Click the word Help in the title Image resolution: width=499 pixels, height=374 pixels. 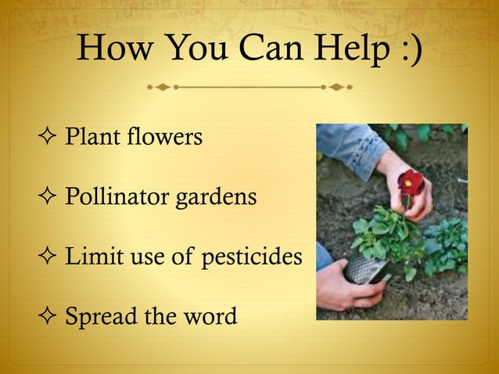pyautogui.click(x=350, y=52)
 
